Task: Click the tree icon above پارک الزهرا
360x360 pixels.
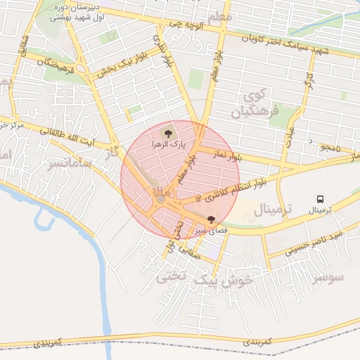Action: pyautogui.click(x=167, y=132)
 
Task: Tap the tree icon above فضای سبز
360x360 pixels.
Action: pyautogui.click(x=212, y=219)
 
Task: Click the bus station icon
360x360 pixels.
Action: pyautogui.click(x=321, y=199)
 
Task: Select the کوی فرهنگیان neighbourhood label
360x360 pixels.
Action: pyautogui.click(x=259, y=103)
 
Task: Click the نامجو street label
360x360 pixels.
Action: pyautogui.click(x=328, y=148)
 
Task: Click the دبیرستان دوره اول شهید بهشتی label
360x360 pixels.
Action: pyautogui.click(x=79, y=11)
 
